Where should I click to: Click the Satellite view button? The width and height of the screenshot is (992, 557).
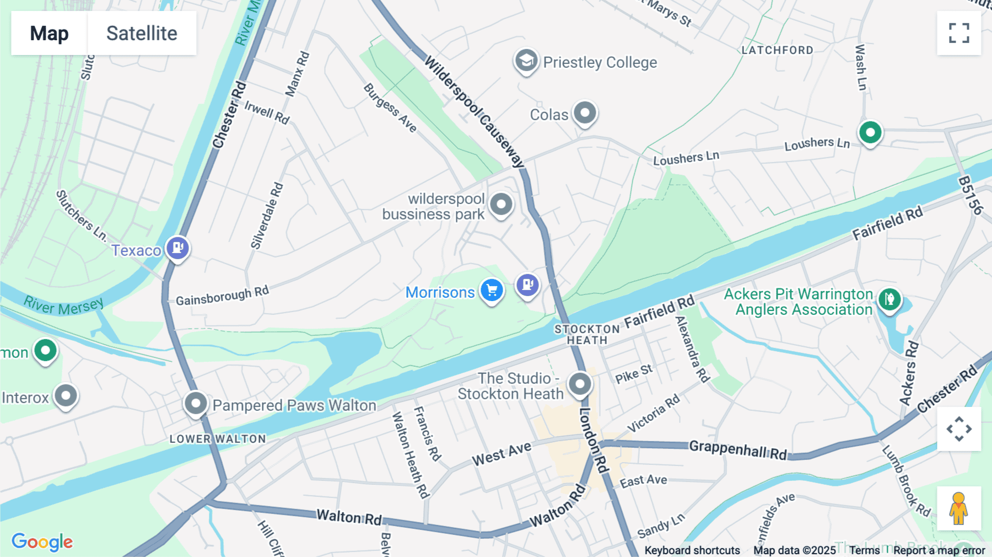pos(142,33)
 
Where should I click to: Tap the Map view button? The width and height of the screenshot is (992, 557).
pos(49,33)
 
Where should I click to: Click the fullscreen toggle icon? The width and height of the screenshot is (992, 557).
pos(959,33)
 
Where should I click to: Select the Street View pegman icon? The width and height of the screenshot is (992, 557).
pos(959,508)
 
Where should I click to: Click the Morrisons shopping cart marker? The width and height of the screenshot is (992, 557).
pos(492,290)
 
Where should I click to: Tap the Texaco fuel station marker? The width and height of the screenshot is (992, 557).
pos(177,248)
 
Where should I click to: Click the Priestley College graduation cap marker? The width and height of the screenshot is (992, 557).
pos(526,60)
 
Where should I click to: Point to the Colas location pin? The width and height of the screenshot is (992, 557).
pos(585,113)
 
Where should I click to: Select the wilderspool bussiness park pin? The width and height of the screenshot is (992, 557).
pos(501,205)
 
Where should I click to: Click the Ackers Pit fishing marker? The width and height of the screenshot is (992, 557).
pos(889,299)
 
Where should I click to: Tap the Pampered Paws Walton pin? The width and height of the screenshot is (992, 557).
pos(196,403)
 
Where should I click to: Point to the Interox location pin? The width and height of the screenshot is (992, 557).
pos(66,395)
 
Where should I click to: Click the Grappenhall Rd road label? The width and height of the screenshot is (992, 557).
pos(737,449)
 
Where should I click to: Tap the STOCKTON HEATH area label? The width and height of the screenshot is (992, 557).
pos(587,335)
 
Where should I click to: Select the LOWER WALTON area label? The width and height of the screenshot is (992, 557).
pos(218,439)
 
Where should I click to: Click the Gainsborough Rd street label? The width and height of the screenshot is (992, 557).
pos(222,296)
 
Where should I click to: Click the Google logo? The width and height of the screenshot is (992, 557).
pos(42,542)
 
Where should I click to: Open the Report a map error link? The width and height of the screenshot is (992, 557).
pos(939,550)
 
